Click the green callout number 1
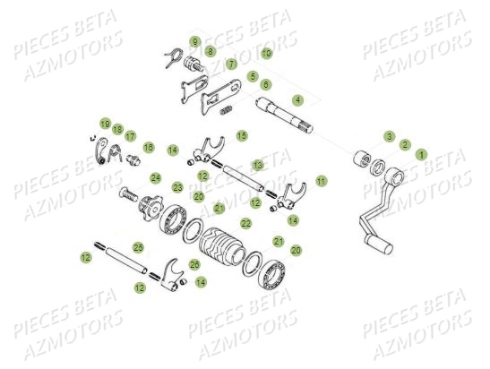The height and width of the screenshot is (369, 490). (421, 154)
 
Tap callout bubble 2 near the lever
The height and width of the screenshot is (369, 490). (405, 144)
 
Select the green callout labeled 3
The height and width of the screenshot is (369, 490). (389, 136)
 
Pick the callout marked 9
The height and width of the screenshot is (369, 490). (194, 42)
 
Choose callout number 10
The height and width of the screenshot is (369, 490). (266, 54)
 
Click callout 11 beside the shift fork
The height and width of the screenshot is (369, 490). (321, 181)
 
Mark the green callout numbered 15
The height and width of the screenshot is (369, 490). (241, 135)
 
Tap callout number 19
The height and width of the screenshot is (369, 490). (105, 124)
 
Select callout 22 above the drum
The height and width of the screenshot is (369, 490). (245, 223)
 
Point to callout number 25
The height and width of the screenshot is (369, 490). (138, 247)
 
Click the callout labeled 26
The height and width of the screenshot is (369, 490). (194, 264)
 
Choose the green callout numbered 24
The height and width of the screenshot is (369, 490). (156, 177)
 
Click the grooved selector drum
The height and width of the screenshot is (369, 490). (221, 245)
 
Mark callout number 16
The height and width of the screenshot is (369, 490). (149, 146)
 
